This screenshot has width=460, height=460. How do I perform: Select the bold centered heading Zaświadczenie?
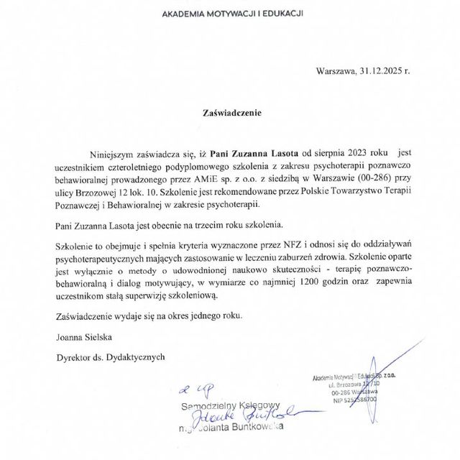(230, 113)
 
